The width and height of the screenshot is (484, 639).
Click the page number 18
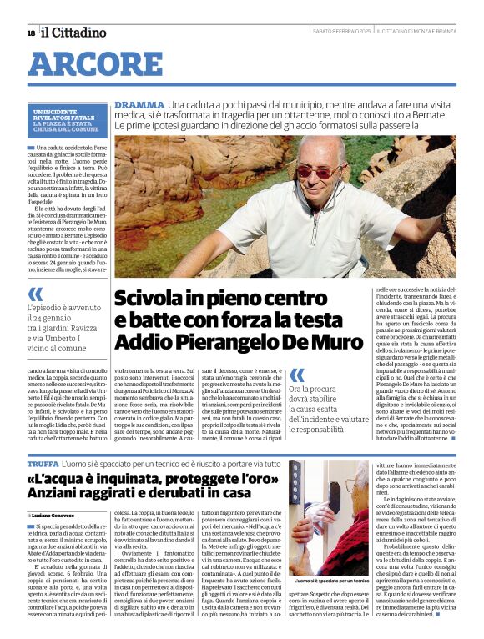[31, 33]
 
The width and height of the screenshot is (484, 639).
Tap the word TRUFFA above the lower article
[43, 463]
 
